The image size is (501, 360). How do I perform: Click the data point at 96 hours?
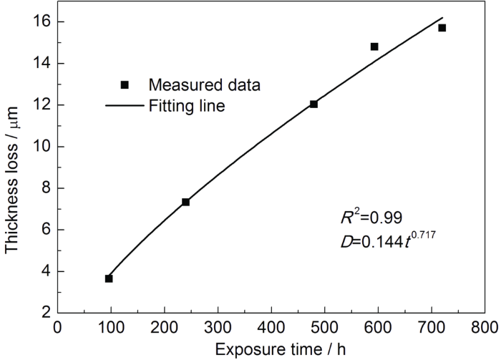click(x=109, y=278)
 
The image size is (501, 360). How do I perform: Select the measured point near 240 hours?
click(x=185, y=202)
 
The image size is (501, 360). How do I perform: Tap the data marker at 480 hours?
click(x=313, y=104)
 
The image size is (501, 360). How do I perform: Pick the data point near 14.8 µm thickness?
click(x=374, y=47)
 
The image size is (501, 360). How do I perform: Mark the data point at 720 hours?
click(x=442, y=28)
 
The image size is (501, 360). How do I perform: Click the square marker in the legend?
click(x=124, y=84)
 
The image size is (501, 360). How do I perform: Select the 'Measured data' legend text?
click(x=204, y=84)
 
